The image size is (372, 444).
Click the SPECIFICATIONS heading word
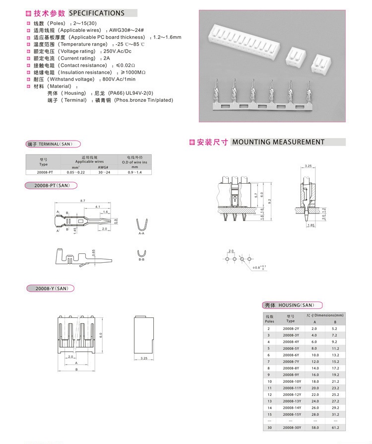click(x=96, y=13)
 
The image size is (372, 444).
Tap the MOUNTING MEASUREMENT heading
click(x=278, y=142)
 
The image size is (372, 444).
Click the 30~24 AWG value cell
click(x=103, y=172)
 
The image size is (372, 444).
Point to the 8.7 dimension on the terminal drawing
click(x=83, y=200)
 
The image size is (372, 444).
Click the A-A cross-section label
click(x=141, y=232)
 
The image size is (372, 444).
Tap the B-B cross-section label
click(x=141, y=259)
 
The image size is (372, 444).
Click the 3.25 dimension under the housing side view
click(x=144, y=358)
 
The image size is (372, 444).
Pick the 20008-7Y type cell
click(x=291, y=362)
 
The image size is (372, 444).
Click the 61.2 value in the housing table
click(x=334, y=427)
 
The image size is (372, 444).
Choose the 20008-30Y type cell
click(x=291, y=427)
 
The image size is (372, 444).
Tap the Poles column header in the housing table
click(x=269, y=318)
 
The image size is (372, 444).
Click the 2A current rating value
click(x=106, y=58)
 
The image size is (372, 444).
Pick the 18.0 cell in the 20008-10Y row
click(x=314, y=381)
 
